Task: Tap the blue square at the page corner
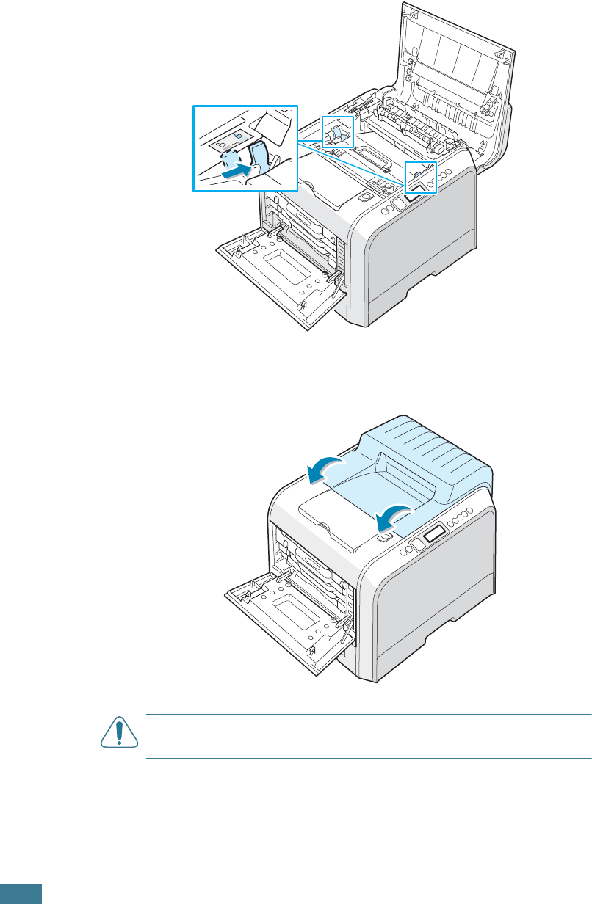click(21, 894)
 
